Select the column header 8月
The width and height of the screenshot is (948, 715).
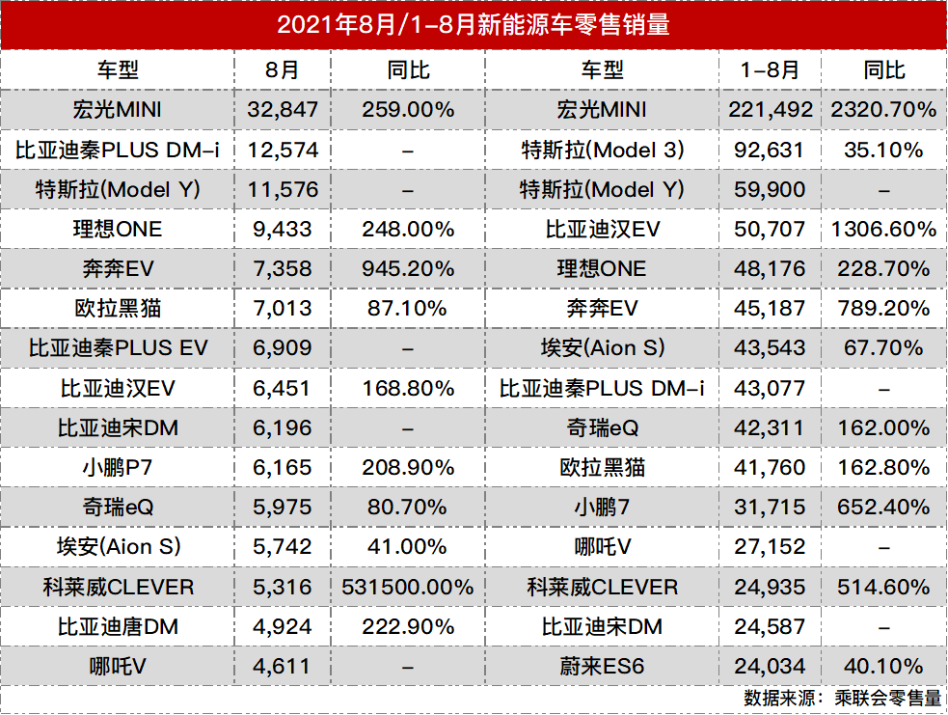282,69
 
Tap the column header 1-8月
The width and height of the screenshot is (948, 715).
769,69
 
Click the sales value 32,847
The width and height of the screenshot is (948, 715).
282,110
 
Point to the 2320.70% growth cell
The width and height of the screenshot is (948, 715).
882,110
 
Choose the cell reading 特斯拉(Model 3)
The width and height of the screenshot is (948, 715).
602,151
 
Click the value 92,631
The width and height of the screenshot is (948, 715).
769,151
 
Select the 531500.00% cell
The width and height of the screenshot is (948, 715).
408,587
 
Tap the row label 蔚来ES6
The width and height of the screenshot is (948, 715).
602,666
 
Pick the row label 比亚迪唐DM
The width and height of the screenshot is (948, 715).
118,626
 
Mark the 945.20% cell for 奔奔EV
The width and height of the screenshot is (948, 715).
408,269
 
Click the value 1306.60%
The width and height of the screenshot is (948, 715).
882,230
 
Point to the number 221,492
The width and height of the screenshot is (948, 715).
771,110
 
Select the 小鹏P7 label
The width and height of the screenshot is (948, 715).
118,468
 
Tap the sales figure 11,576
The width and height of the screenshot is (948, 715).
282,190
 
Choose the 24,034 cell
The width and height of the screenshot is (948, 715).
769,666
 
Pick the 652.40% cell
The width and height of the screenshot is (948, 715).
882,508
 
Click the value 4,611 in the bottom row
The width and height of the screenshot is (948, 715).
282,666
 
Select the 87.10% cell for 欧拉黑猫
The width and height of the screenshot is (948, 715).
408,309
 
